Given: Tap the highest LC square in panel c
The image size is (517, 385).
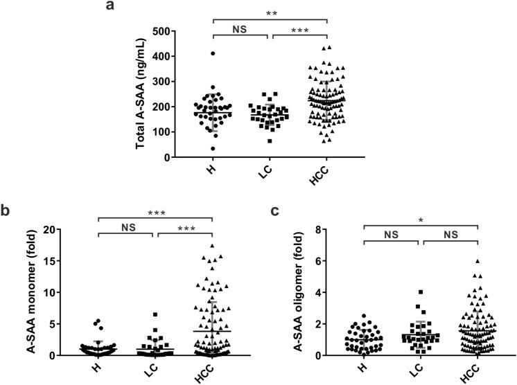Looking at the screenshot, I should pos(420,292).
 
